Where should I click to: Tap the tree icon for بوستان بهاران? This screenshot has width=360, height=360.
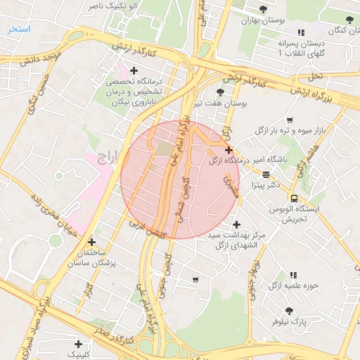coord(263,10)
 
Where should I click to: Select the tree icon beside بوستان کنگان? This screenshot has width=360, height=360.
coord(349,19)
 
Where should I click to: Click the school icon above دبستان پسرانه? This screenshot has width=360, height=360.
coord(301,32)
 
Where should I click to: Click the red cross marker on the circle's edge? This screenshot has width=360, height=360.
coord(229,150)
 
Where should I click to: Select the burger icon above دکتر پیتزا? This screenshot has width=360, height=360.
coord(266,174)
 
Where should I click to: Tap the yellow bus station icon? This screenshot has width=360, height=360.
coord(293,198)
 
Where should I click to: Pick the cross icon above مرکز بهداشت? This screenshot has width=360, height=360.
coord(237,224)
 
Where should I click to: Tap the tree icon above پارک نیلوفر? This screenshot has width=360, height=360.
coord(289,310)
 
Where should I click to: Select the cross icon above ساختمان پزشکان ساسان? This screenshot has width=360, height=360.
coord(92,241)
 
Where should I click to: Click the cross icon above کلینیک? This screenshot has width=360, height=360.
coord(78,344)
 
